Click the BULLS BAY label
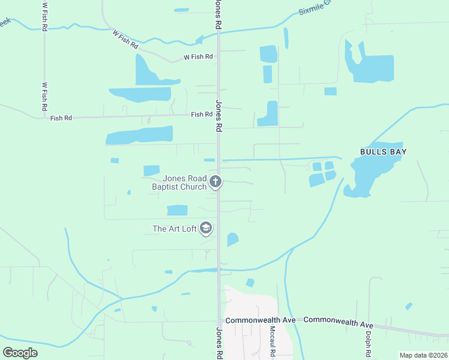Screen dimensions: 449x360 point(383,152)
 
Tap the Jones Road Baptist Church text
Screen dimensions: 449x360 point(179,182)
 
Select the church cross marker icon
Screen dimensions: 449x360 point(216,181)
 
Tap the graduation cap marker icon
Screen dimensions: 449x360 point(206,228)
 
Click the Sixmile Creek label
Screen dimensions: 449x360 point(313,7)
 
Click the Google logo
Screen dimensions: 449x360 point(20,352)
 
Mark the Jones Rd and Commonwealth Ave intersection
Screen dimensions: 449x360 point(218,320)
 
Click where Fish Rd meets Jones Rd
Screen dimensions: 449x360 point(218,115)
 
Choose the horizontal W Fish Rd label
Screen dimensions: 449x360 point(198,57)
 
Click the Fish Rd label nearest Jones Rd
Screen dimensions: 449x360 point(202,115)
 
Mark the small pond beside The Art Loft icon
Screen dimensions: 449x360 point(232,239)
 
